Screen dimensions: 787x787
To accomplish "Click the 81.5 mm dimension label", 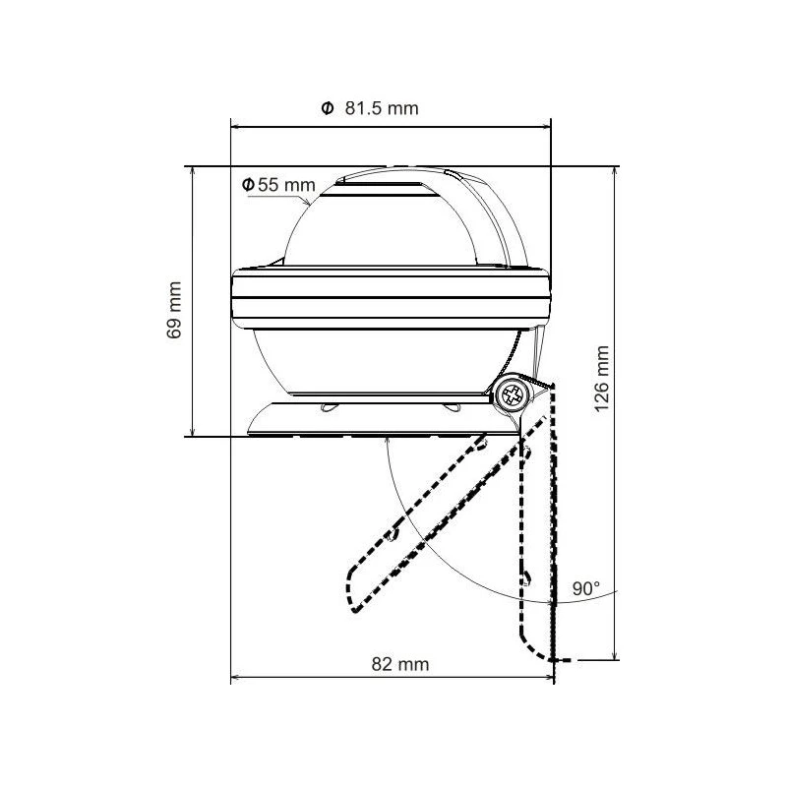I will [x=382, y=108].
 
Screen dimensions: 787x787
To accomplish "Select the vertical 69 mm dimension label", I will [x=175, y=310].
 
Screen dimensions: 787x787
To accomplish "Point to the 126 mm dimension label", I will [x=603, y=375].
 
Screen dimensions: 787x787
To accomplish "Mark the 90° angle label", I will [x=586, y=589].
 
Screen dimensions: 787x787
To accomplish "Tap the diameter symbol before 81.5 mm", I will [x=327, y=108].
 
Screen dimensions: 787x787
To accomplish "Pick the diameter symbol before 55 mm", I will [x=249, y=184].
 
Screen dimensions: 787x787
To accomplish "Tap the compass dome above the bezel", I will [x=384, y=226].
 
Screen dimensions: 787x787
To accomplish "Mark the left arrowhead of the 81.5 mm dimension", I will [x=235, y=125].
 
